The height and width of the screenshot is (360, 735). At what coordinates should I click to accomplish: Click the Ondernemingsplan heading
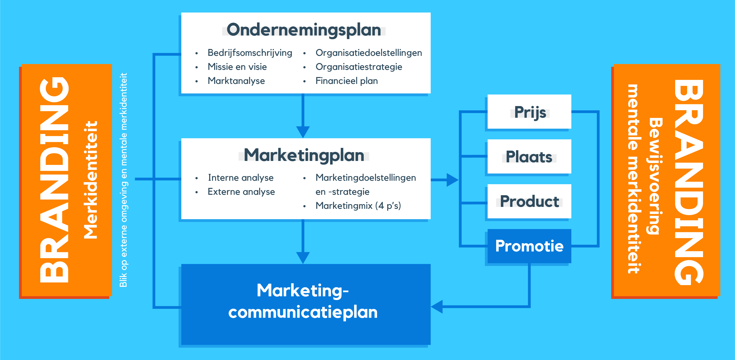[x=304, y=30]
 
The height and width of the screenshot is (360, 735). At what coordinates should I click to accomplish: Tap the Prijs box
[x=529, y=112]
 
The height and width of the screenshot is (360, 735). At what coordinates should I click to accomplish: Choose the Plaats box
[x=529, y=157]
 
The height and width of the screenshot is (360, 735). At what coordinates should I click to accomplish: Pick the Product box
[x=529, y=201]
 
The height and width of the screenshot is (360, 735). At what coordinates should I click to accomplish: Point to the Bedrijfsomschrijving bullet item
[x=250, y=53]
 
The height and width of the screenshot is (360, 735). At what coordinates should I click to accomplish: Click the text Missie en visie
[x=237, y=67]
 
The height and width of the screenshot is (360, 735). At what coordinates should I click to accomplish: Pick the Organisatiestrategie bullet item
[x=359, y=67]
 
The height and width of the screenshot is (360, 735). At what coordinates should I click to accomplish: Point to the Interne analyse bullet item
[x=241, y=178]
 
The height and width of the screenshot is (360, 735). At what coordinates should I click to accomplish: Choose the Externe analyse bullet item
[x=241, y=192]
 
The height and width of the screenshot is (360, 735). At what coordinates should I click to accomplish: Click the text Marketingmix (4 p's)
[x=358, y=206]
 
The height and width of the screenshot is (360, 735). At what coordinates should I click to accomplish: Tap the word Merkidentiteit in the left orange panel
[x=91, y=180]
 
